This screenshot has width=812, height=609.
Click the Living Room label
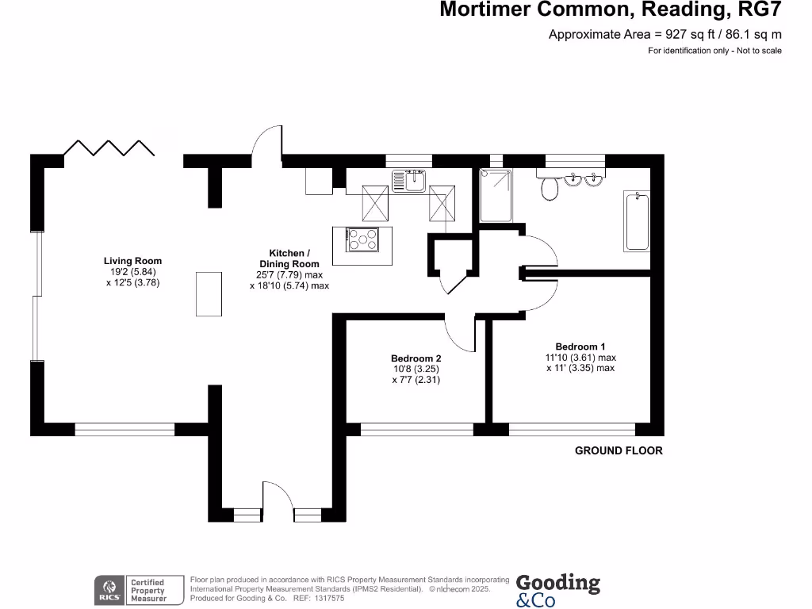coord(132,261)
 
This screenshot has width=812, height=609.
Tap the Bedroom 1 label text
coord(580,347)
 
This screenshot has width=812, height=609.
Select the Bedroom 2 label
coord(416,358)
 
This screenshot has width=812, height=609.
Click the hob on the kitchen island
coord(364,238)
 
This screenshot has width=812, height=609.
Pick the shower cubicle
coord(496,196)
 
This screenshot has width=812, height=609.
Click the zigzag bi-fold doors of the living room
coord(109,148)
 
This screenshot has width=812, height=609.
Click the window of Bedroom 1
coord(572,430)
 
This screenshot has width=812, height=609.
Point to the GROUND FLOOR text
coord(619,450)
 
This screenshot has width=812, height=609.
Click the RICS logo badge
coord(107,590)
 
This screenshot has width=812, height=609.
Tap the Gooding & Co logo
coord(558,590)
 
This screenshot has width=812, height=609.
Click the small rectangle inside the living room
coord(209,293)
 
